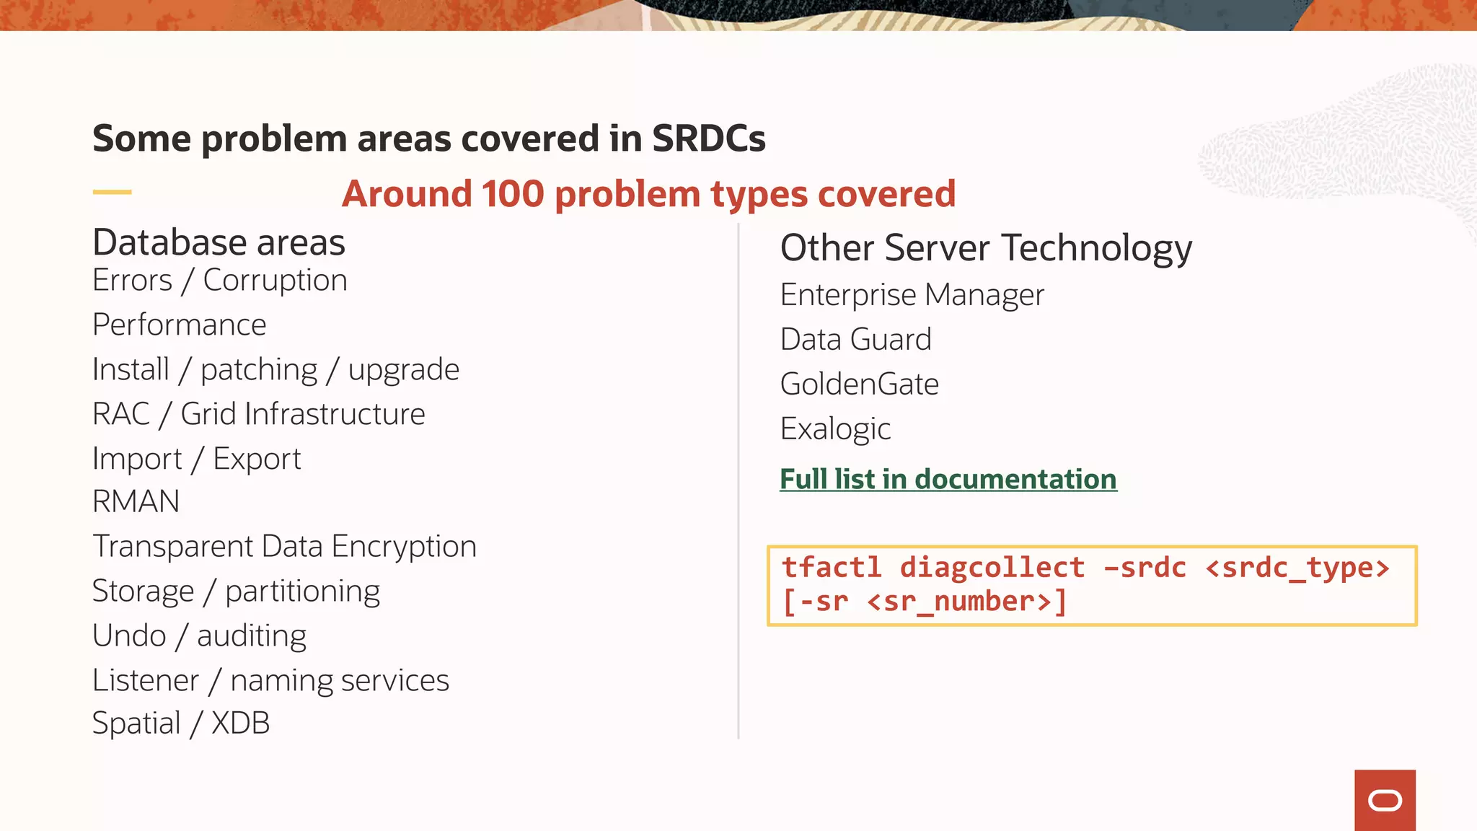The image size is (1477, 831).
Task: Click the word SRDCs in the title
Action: point(708,138)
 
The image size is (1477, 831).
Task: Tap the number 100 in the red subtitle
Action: point(513,194)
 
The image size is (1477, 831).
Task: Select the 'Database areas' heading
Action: point(219,242)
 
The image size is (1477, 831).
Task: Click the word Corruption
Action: point(275,281)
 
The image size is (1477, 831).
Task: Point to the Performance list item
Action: point(180,325)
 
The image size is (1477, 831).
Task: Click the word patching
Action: point(259,370)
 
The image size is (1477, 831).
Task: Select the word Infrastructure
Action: point(302,415)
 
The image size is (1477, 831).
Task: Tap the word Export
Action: point(257,460)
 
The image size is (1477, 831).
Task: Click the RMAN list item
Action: point(136,502)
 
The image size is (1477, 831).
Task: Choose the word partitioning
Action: point(302,592)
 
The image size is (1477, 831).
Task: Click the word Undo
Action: point(129,636)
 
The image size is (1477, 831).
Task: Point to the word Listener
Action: point(146,681)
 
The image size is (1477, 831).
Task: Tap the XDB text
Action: point(240,724)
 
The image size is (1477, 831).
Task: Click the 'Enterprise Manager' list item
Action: point(912,295)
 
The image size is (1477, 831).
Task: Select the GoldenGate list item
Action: point(859,384)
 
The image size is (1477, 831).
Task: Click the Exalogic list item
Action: point(835,429)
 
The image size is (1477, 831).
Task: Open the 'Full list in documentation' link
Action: point(948,480)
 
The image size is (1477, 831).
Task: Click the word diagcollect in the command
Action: point(992,568)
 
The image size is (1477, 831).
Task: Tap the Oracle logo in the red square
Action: point(1385,801)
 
